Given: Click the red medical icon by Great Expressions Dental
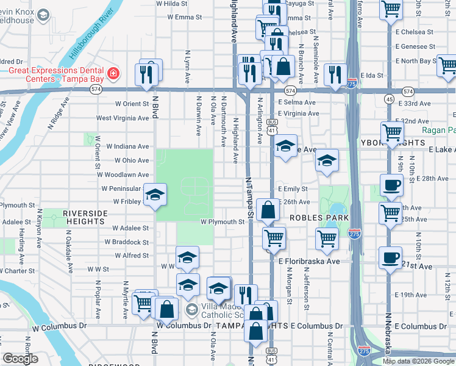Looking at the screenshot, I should [113, 74].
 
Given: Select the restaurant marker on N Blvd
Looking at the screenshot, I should [150, 72].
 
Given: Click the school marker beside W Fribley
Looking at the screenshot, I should [155, 195].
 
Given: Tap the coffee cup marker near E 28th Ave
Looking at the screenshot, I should [391, 184].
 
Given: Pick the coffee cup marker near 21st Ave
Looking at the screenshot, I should [390, 257].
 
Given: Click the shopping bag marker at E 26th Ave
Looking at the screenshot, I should [267, 210].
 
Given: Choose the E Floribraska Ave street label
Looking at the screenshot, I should [309, 261].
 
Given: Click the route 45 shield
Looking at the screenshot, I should [389, 99].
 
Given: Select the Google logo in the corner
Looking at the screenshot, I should [20, 358].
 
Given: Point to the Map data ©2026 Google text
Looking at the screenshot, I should [418, 361].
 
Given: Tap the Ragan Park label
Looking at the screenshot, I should [438, 130].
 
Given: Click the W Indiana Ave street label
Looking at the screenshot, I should [127, 146].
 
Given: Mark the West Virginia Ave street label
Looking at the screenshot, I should [122, 118].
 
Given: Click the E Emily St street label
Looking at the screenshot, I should [293, 189].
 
